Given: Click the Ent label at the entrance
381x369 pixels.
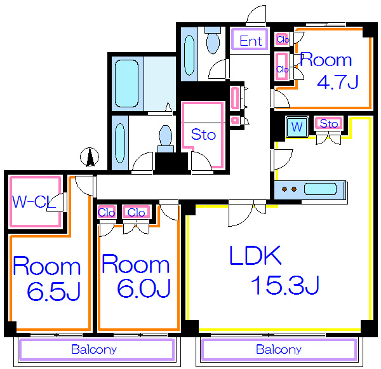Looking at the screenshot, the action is click(251, 41).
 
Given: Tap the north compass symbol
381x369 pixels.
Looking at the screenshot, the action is click(90, 157).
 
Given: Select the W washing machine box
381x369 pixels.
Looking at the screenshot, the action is click(297, 126).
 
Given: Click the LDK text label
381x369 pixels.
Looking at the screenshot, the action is click(255, 255).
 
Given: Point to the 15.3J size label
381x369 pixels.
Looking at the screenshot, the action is click(284, 285).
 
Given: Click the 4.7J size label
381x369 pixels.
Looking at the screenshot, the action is click(338, 82).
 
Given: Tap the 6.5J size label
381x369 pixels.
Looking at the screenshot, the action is click(53, 291).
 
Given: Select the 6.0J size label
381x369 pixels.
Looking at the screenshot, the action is click(144, 288).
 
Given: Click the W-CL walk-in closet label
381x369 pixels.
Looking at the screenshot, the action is click(34, 201).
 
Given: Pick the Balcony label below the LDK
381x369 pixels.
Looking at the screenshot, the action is click(279, 349).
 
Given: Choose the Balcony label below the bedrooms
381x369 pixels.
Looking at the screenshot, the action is click(94, 349).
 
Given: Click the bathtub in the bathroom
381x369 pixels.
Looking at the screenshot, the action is click(126, 83).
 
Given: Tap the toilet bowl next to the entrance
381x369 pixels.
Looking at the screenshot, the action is click(213, 41).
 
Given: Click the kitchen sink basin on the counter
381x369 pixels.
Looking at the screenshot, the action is click(320, 189).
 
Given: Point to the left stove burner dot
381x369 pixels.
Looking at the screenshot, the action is click(284, 189).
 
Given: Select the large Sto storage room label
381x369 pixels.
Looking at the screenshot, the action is click(203, 135).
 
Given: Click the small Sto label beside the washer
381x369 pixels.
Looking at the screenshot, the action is click(329, 124).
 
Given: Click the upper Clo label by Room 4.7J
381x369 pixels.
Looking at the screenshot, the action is click(283, 39).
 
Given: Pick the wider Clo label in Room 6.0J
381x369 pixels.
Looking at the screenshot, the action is click(136, 213).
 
